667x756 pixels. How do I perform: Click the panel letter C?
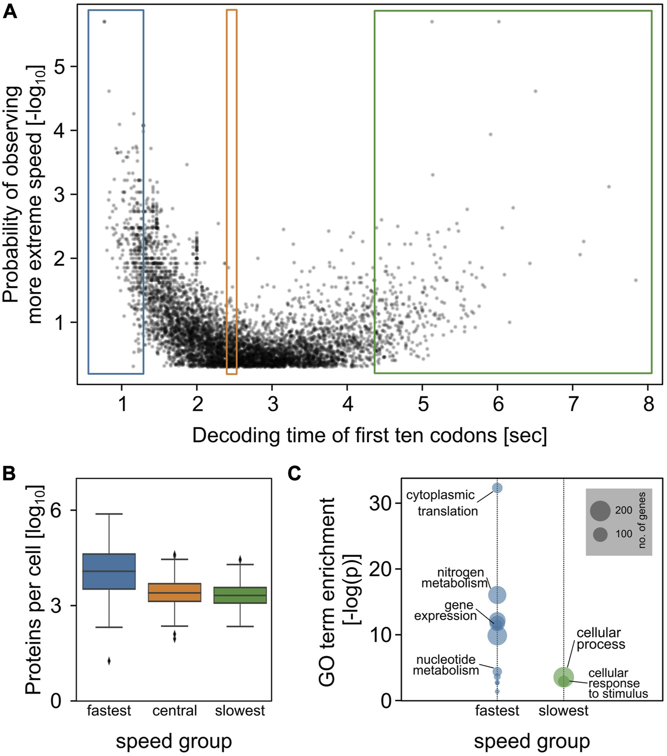tap(294, 473)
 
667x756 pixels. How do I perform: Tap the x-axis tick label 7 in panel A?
tap(573, 404)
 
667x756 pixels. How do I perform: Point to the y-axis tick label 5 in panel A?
tap(59, 66)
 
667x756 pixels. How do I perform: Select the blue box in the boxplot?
tap(109, 571)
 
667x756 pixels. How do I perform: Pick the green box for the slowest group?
tap(240, 595)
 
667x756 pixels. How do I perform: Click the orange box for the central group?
tap(175, 592)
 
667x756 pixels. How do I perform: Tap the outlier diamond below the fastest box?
tap(109, 661)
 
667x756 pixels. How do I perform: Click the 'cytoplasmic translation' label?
tap(442, 503)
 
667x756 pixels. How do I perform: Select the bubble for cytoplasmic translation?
tap(497, 488)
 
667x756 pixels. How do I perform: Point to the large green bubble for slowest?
tap(564, 677)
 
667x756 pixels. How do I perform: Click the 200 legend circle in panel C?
tap(600, 510)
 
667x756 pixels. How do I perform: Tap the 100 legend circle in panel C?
tap(600, 535)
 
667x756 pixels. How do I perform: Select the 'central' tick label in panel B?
tap(175, 711)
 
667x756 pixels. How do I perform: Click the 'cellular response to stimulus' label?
tap(617, 684)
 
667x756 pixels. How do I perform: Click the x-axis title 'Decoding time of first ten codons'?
tap(369, 435)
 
